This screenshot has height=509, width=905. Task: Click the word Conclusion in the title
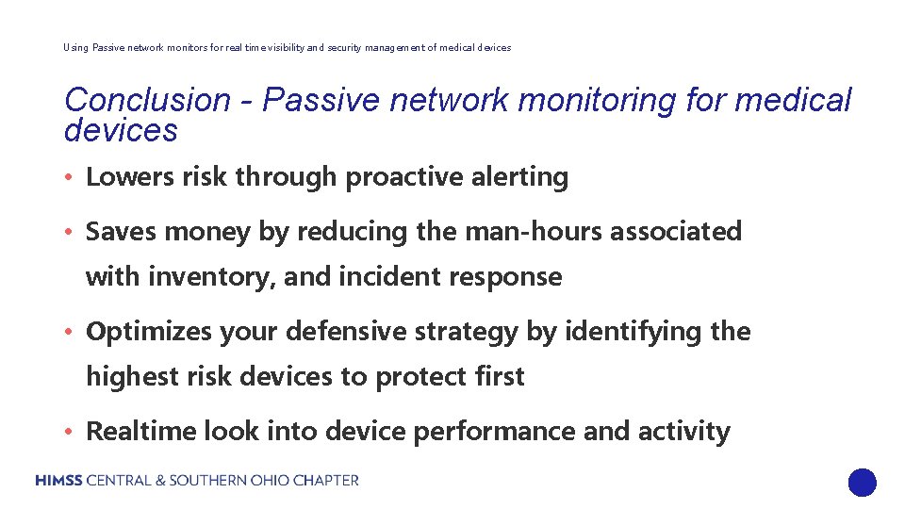click(147, 100)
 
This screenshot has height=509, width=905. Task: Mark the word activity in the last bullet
click(683, 432)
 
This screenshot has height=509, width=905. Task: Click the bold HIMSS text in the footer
click(59, 481)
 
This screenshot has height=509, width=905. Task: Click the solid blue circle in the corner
click(862, 483)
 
